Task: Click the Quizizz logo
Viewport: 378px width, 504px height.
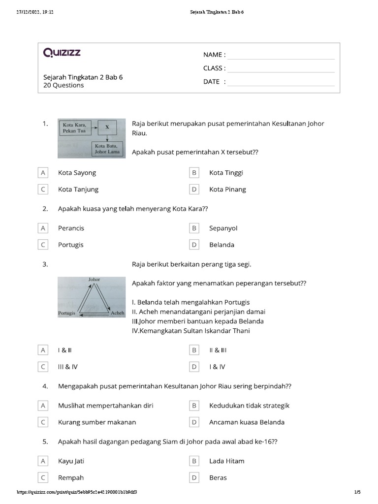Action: pos(62,53)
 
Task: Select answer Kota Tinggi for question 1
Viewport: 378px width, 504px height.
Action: pos(226,173)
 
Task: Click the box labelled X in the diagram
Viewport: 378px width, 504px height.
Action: pos(107,127)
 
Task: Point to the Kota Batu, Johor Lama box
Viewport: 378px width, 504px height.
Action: pos(107,149)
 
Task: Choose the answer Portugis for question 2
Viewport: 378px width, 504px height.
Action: pos(71,245)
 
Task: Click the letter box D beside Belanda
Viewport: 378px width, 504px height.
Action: pos(194,245)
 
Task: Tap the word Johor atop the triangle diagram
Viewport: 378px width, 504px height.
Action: pos(94,280)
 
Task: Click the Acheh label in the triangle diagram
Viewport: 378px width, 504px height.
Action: pos(117,313)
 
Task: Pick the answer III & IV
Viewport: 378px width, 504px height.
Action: pos(68,367)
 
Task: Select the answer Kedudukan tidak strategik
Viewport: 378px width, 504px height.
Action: pos(249,406)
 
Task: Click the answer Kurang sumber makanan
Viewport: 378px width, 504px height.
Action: pos(97,422)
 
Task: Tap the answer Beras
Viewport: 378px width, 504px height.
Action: pos(218,478)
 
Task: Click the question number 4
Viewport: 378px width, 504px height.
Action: pos(45,386)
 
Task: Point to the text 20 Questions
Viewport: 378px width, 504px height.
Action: pos(63,86)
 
